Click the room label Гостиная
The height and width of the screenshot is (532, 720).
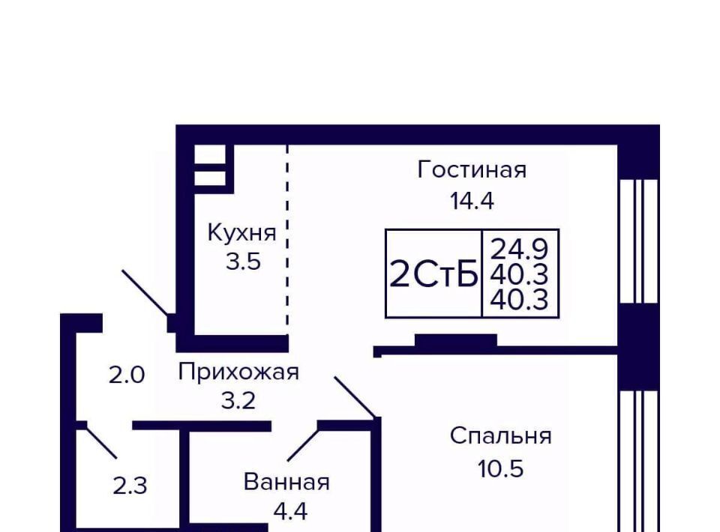tap(472, 170)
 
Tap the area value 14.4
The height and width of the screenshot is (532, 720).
tap(472, 201)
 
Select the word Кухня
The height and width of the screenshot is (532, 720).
tap(242, 232)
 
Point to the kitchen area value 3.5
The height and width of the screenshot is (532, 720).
tap(243, 262)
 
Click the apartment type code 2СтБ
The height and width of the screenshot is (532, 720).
tap(433, 275)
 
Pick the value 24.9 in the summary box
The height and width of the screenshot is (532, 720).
tap(519, 250)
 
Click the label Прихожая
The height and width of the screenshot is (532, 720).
tap(238, 372)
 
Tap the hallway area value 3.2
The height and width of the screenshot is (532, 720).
tap(238, 402)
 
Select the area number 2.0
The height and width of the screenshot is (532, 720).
tap(126, 375)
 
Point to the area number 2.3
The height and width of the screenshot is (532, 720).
tap(130, 486)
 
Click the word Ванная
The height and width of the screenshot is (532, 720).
tap(286, 482)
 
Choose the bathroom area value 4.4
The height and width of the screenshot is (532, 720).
tap(290, 511)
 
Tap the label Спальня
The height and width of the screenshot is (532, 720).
tap(500, 435)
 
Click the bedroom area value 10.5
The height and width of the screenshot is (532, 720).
tap(500, 469)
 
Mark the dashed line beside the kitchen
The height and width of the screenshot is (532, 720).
tap(287, 241)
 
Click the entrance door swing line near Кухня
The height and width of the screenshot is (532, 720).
tap(145, 294)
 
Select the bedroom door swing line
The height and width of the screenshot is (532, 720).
tap(355, 397)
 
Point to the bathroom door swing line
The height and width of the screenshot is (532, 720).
tap(304, 445)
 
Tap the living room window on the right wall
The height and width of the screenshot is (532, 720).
tap(638, 241)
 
